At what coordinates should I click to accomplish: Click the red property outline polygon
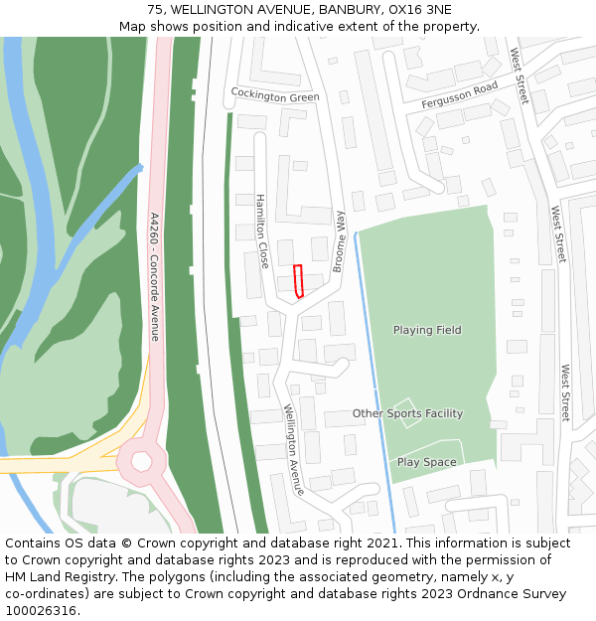tap(298, 281)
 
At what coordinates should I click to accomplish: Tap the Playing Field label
tap(427, 330)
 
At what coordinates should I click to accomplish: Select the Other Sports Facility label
tap(407, 413)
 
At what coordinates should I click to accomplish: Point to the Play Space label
tap(427, 462)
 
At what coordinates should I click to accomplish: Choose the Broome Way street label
tap(339, 240)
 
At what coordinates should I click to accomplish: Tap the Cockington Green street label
tap(275, 96)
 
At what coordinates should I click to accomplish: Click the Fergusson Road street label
tap(459, 95)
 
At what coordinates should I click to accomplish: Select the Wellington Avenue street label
tap(293, 450)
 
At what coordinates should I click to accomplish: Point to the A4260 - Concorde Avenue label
tap(154, 276)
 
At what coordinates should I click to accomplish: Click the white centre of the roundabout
tap(141, 461)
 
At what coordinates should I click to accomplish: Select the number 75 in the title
tap(155, 10)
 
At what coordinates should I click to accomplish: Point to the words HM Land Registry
tap(55, 576)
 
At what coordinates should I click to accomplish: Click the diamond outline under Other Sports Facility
tap(408, 412)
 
